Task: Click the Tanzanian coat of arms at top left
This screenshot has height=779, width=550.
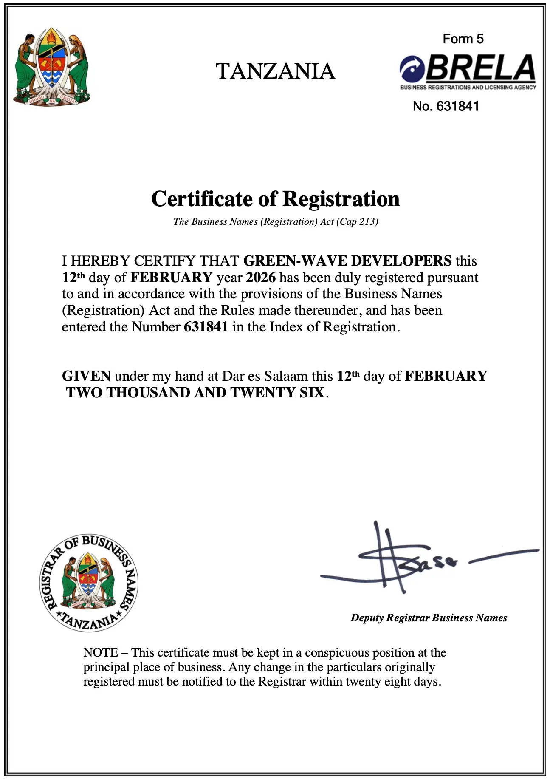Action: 51,68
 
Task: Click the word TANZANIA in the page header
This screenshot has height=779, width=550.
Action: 275,71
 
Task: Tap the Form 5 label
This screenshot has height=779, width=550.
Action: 463,39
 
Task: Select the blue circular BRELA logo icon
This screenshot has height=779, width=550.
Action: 412,69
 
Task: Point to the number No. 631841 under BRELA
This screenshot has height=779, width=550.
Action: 446,106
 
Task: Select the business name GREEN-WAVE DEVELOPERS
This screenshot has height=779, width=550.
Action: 347,261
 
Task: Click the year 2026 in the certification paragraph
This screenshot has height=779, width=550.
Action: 261,278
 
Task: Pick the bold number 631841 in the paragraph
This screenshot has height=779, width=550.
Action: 206,327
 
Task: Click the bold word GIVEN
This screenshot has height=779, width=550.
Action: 86,376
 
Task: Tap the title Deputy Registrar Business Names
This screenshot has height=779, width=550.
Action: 429,618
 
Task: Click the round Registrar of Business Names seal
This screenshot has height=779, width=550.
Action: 88,583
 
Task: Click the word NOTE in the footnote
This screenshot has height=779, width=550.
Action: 101,652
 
